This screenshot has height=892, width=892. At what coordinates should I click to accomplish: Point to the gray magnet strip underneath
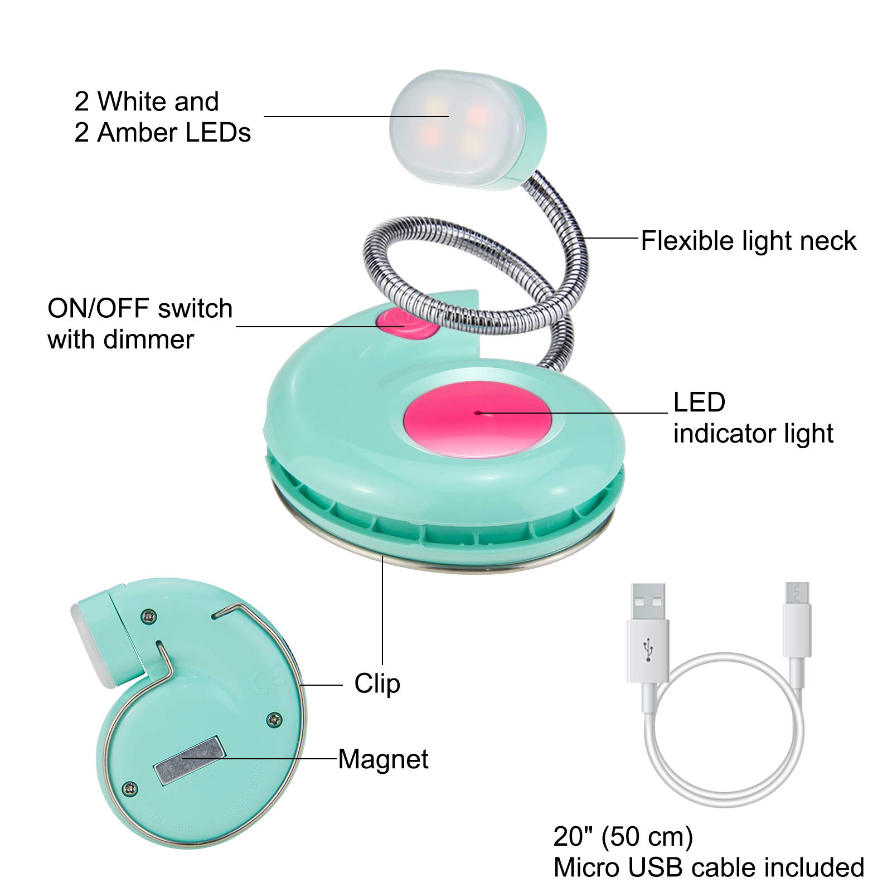coord(190,760)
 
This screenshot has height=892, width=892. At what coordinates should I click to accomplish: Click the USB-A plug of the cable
coord(648,630)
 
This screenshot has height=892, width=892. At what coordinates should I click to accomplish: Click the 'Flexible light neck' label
coord(748,241)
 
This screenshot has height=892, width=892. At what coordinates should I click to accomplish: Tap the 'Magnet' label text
coord(383,759)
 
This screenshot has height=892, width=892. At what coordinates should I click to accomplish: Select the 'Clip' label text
coord(377,683)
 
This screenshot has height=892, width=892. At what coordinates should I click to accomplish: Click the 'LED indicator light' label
coord(753,418)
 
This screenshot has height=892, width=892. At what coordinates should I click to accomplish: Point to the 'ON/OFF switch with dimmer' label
coord(139,324)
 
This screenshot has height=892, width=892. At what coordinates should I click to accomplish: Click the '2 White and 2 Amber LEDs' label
coord(162,117)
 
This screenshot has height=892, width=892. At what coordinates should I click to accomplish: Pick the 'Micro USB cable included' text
coord(709,867)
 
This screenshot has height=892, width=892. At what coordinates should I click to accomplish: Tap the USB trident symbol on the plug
coord(648,649)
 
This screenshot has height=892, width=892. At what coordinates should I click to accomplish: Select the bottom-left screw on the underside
coord(130,788)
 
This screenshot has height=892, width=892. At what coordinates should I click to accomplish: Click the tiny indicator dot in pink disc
coord(478,413)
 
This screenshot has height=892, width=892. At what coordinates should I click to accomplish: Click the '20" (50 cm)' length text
coord(623,836)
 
